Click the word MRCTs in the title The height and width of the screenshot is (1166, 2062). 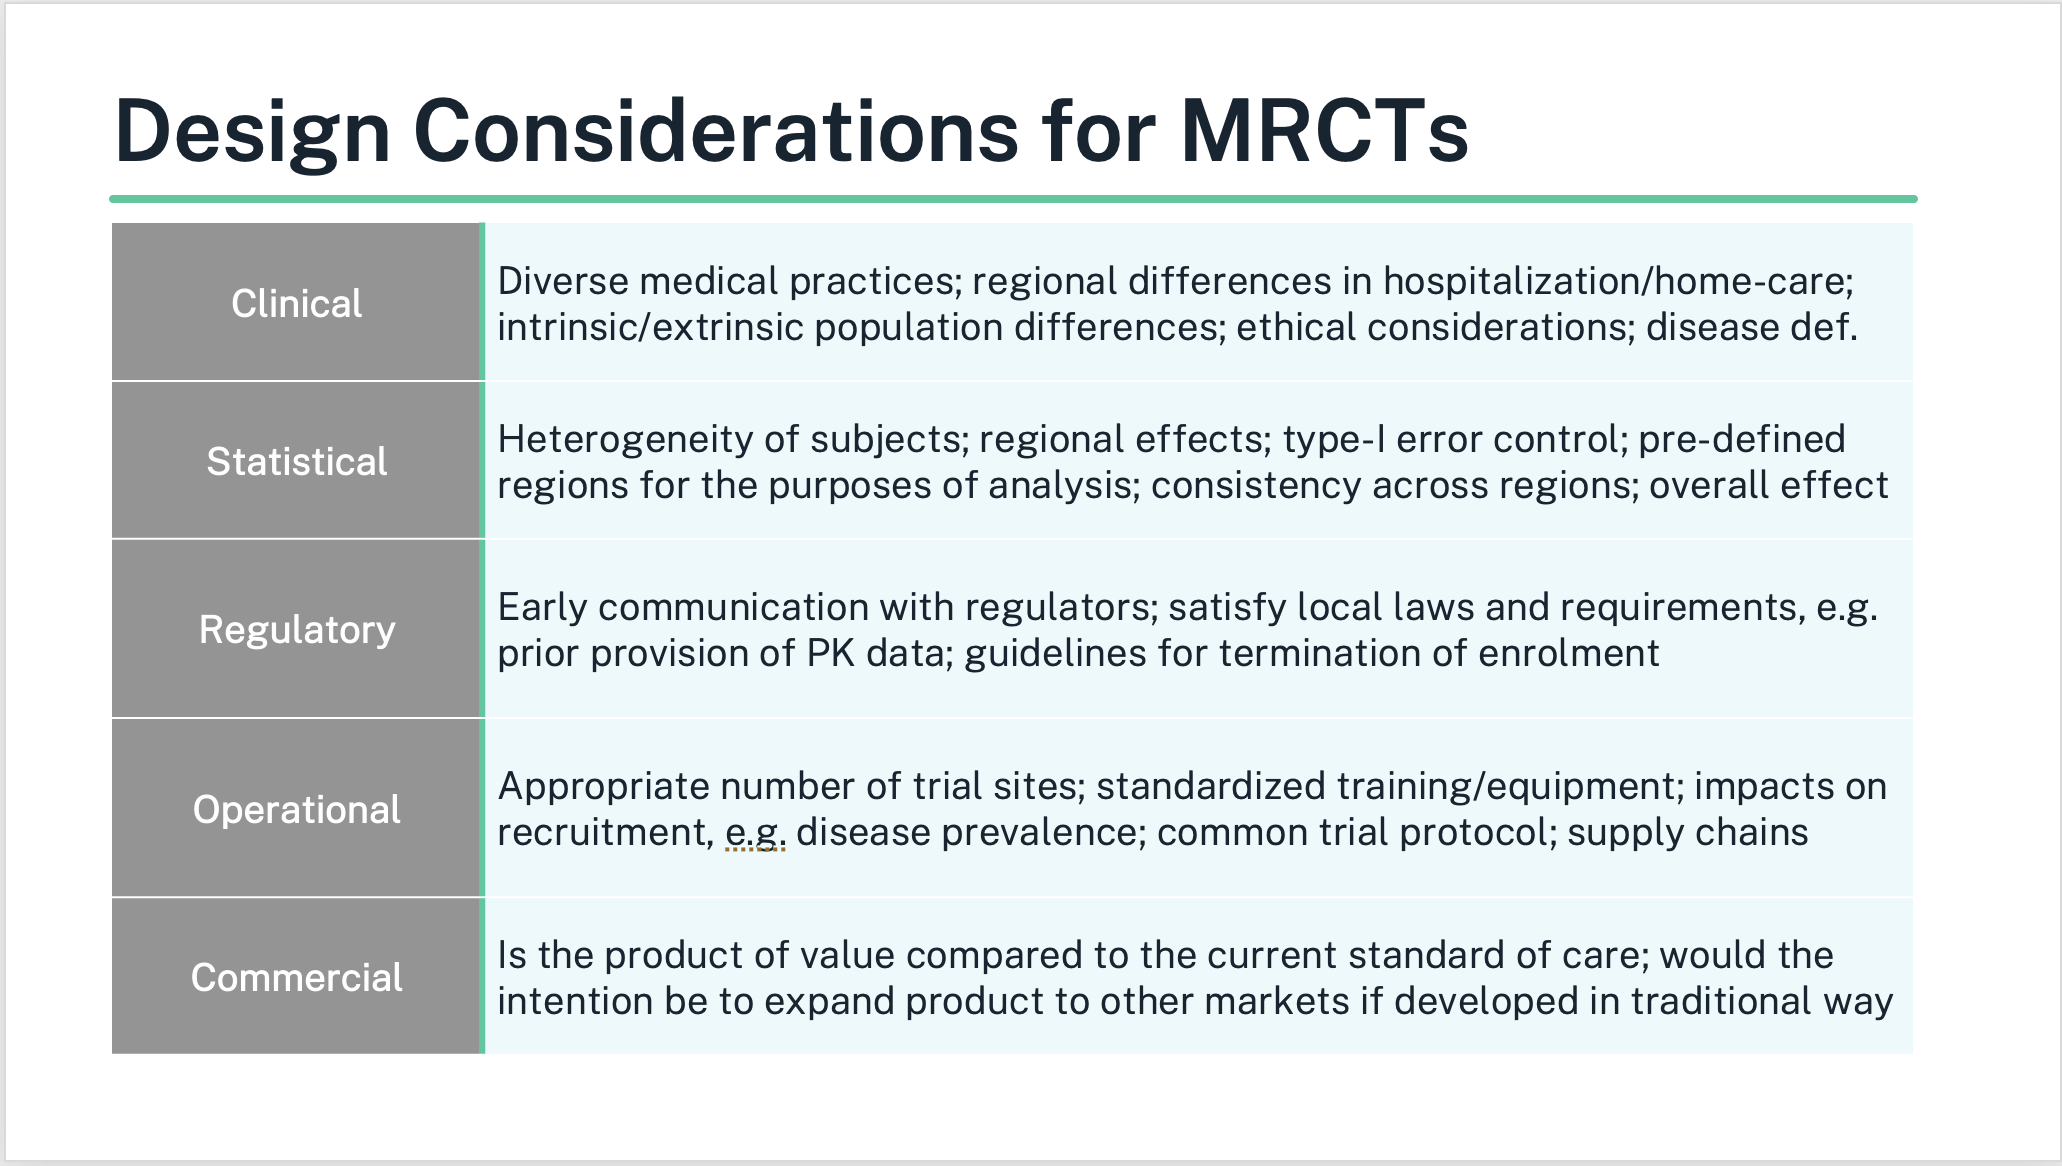1324,131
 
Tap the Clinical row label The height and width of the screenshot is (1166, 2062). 297,303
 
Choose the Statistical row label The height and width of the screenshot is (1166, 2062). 297,461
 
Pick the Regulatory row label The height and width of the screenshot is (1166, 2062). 297,630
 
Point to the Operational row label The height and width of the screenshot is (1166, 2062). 297,809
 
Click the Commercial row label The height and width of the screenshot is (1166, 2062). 297,977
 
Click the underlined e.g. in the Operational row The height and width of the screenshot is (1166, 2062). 755,833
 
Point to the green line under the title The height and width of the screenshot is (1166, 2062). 1013,199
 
